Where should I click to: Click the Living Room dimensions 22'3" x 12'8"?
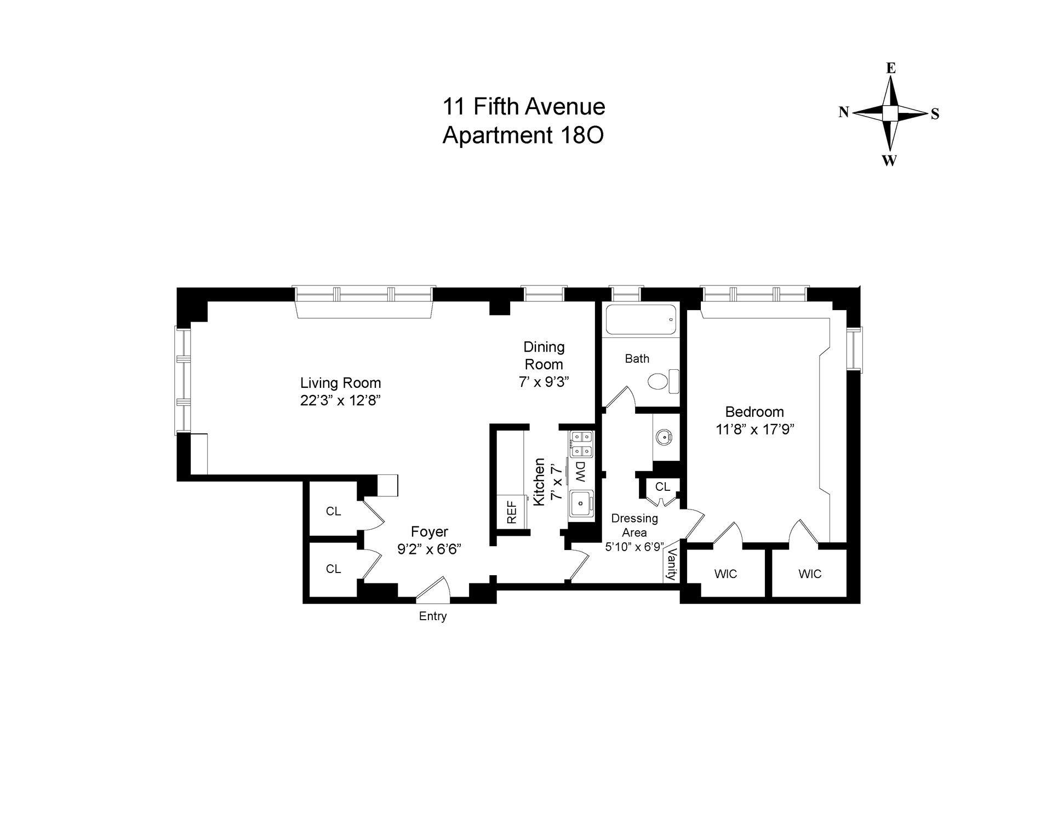pyautogui.click(x=340, y=400)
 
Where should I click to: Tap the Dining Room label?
pyautogui.click(x=544, y=355)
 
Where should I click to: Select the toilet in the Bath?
pyautogui.click(x=662, y=381)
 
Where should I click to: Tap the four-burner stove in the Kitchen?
pyautogui.click(x=581, y=444)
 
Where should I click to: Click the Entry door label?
pyautogui.click(x=433, y=616)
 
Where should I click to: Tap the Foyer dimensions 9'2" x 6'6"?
pyautogui.click(x=430, y=549)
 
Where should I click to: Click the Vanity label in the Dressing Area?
pyautogui.click(x=671, y=565)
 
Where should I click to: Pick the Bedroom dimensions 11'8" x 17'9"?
pyautogui.click(x=755, y=430)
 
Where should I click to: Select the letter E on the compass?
pyautogui.click(x=891, y=68)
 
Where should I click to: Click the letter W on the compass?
pyautogui.click(x=889, y=161)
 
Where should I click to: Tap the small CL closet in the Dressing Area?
pyautogui.click(x=662, y=486)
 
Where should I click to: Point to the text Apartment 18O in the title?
pyautogui.click(x=523, y=135)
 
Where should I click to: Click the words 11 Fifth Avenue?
pyautogui.click(x=523, y=106)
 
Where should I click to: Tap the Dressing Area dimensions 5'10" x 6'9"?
pyautogui.click(x=634, y=547)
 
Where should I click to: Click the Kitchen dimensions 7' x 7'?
pyautogui.click(x=556, y=482)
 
